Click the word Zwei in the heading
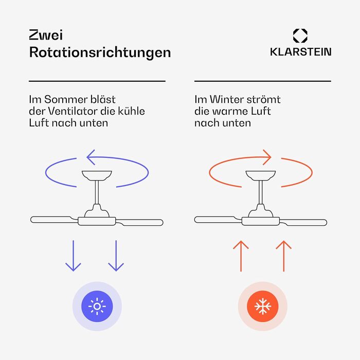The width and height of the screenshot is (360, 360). click(x=46, y=35)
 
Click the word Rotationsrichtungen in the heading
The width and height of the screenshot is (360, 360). click(x=100, y=53)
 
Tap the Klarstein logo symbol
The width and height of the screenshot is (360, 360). click(x=300, y=36)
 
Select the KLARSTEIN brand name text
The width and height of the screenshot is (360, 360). click(x=300, y=51)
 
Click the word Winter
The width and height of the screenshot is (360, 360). click(x=227, y=99)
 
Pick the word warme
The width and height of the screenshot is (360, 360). click(x=230, y=112)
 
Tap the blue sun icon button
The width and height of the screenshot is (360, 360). click(x=97, y=307)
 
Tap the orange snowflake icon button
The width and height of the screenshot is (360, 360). click(x=263, y=307)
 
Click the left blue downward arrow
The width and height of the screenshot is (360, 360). click(x=73, y=256)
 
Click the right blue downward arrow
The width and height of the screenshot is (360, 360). click(x=116, y=256)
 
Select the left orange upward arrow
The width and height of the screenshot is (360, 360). click(x=241, y=256)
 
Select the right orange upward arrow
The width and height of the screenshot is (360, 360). click(x=284, y=256)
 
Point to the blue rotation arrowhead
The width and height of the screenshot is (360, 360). click(x=90, y=157)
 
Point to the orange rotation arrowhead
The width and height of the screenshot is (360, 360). click(x=268, y=157)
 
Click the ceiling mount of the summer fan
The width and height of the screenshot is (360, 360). click(x=97, y=175)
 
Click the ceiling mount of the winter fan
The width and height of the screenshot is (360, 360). click(x=261, y=175)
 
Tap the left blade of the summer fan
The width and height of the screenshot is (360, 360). click(x=54, y=220)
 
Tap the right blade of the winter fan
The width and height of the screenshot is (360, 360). click(x=303, y=222)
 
